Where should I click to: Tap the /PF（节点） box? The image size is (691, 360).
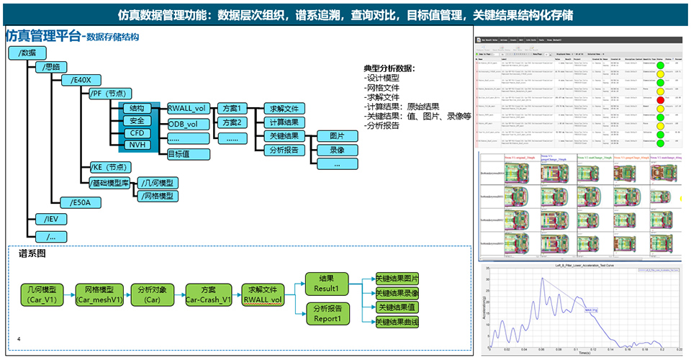[x=109, y=94]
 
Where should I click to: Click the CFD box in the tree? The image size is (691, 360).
[x=137, y=134]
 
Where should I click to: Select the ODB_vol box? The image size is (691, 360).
[x=188, y=125]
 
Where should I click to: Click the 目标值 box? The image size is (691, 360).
[x=188, y=153]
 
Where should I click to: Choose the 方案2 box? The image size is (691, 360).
[x=232, y=122]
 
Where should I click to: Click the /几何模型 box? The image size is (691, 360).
[x=157, y=184]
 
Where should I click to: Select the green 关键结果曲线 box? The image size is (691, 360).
[x=397, y=322]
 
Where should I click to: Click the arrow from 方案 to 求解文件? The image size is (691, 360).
[x=235, y=294]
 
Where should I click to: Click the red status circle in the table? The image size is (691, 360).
[x=660, y=100]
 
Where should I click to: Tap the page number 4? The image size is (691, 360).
[x=19, y=338]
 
